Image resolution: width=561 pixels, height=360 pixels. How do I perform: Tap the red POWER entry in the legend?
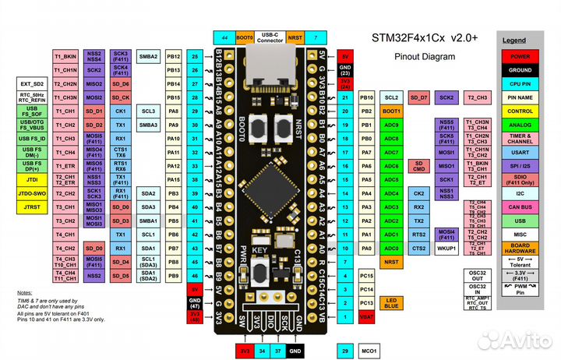coord(520,56)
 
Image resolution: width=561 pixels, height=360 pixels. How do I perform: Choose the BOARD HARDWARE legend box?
coord(520,249)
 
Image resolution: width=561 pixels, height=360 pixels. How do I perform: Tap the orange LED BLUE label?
coord(391,303)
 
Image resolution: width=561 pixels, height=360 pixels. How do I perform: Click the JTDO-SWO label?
coord(31,193)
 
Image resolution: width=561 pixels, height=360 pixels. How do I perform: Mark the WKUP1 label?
coord(446,248)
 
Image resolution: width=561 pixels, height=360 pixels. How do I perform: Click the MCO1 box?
coord(369,351)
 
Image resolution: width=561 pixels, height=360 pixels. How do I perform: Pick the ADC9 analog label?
coord(392,125)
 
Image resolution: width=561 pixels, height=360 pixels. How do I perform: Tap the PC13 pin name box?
coord(367,302)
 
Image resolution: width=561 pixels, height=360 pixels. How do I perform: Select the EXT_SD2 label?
coord(32,83)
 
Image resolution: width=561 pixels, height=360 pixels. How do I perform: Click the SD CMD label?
coord(418,166)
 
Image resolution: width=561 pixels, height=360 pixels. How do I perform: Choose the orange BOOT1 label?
coord(392,111)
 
